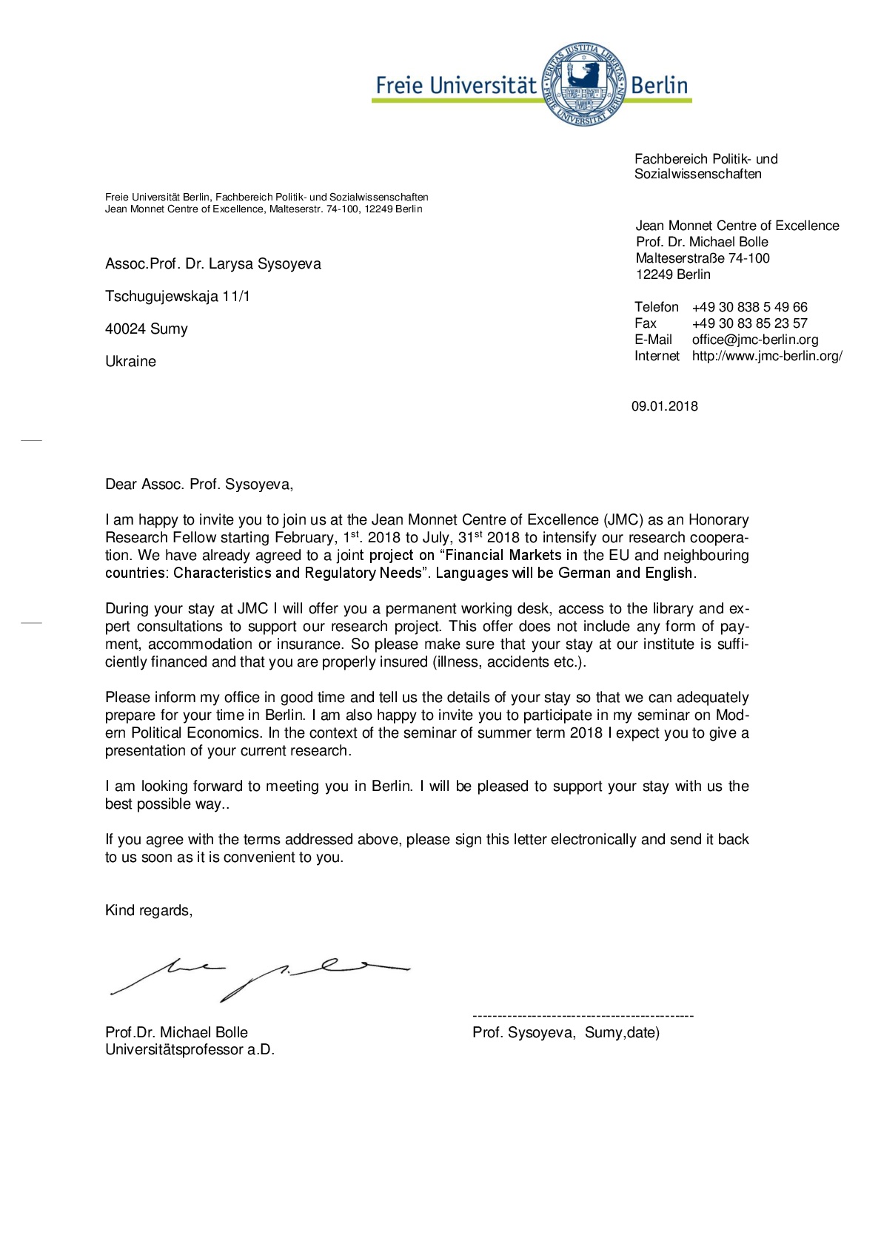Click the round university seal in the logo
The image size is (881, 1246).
click(584, 83)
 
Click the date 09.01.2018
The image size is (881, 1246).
click(664, 406)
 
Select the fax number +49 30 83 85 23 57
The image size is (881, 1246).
click(749, 323)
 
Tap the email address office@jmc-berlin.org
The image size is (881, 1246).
click(754, 340)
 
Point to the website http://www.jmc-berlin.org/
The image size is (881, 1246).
click(766, 356)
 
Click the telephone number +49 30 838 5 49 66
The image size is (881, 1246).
click(749, 307)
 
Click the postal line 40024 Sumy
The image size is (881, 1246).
click(147, 329)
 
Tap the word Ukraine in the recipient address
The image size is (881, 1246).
click(130, 362)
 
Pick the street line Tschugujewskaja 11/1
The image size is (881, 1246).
click(178, 297)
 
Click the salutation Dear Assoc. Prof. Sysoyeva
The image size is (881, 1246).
click(199, 485)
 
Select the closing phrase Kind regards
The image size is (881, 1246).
click(148, 911)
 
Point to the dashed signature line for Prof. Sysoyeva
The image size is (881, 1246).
click(583, 1016)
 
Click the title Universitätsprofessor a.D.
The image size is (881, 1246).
click(190, 1050)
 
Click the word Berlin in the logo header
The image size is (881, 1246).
click(659, 85)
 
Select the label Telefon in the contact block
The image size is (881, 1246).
click(656, 307)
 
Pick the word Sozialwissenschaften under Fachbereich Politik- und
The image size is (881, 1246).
click(697, 175)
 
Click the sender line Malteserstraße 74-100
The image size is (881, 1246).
click(702, 258)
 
